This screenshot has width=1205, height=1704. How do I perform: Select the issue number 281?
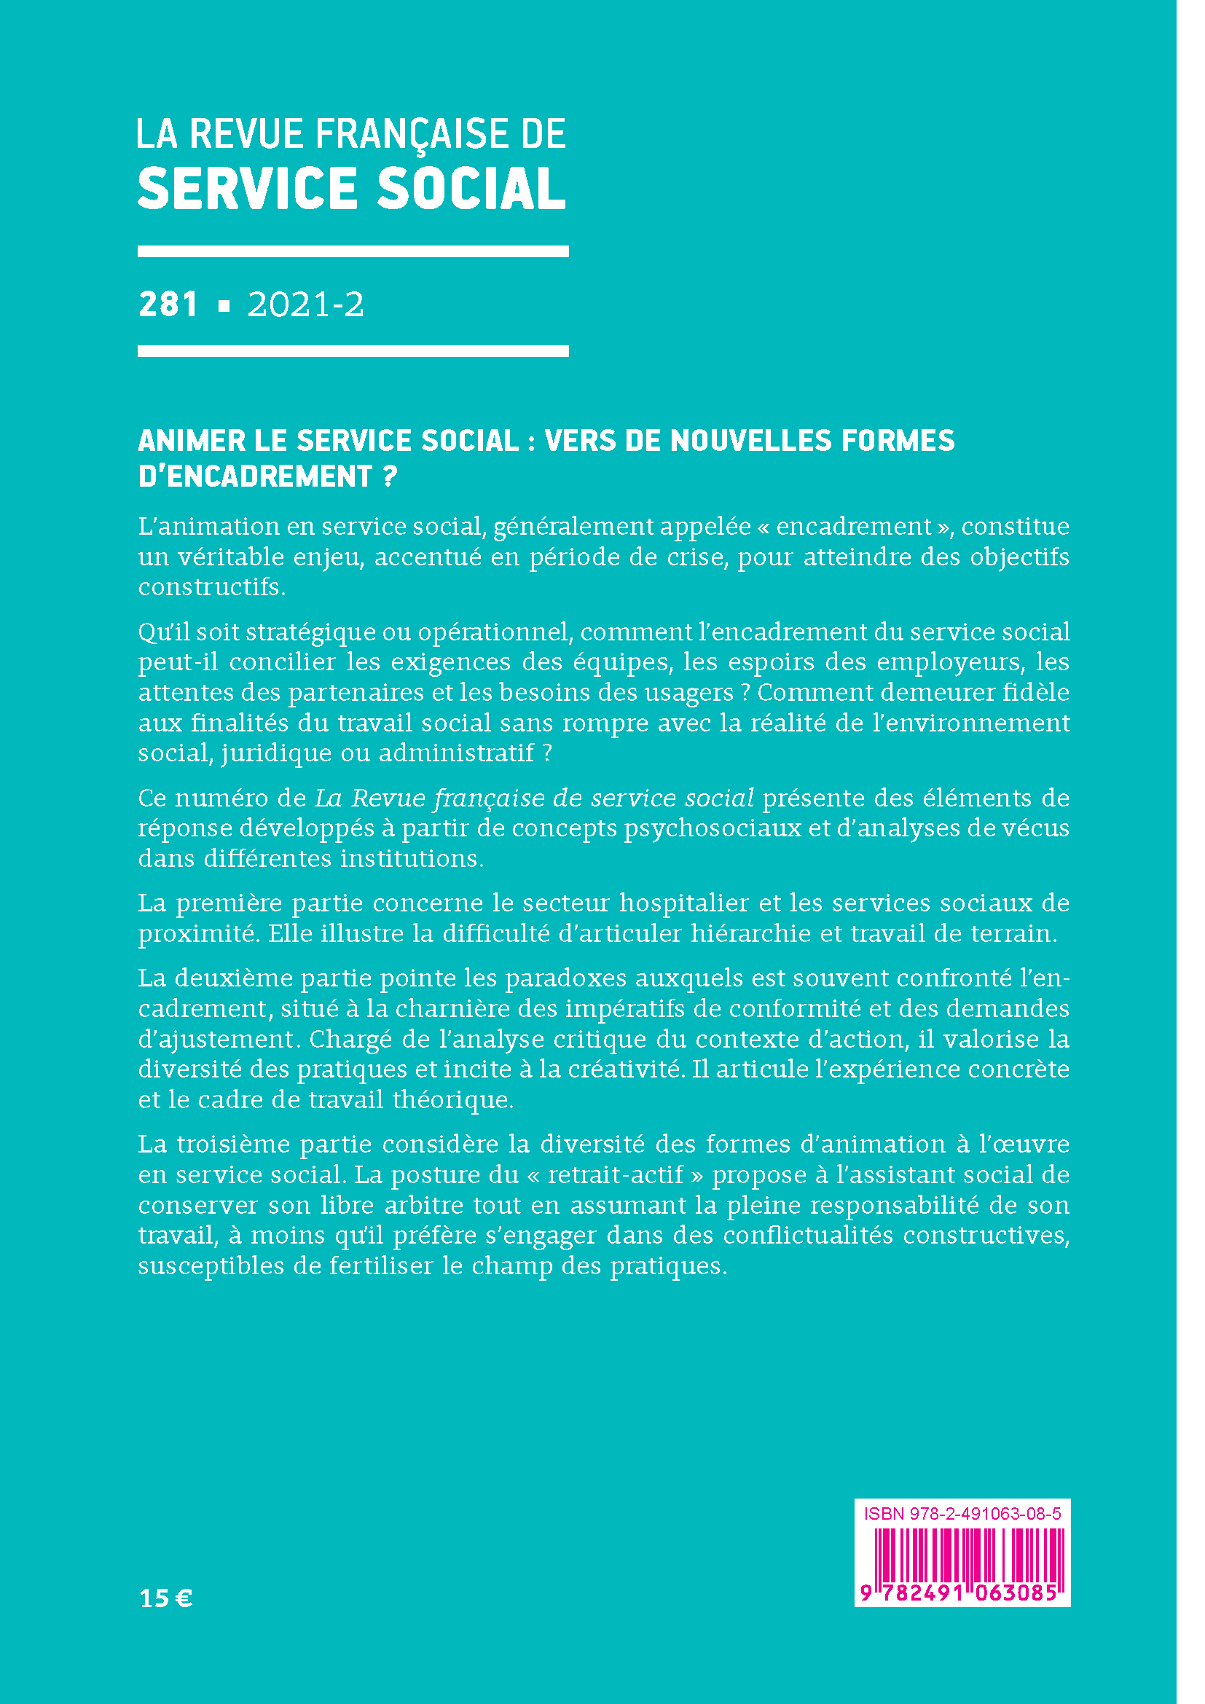(x=168, y=305)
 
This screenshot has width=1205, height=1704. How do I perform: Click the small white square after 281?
(x=224, y=306)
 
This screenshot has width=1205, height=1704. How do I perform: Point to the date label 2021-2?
(x=306, y=305)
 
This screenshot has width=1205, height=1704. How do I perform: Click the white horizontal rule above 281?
(x=353, y=251)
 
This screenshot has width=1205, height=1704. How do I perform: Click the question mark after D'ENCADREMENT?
(x=390, y=476)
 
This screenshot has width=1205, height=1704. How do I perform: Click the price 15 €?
(x=165, y=1598)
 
